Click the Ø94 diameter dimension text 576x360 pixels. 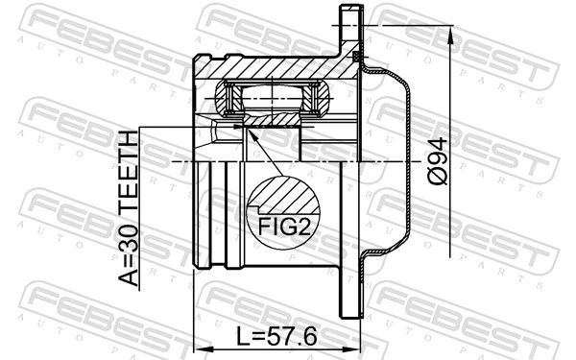coord(436,160)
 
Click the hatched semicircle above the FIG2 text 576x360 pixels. coord(282,199)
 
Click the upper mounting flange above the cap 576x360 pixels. coord(351,34)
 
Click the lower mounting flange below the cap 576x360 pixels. coord(351,288)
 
